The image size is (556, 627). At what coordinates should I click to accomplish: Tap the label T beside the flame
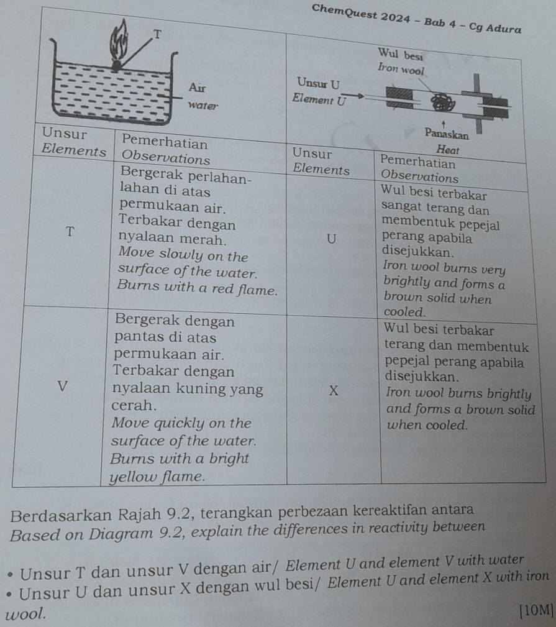coord(158,34)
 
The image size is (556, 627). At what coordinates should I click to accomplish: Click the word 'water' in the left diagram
coord(203,105)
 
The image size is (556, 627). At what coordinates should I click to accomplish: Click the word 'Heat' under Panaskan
coord(447,150)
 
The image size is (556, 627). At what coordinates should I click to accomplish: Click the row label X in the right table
coord(334,390)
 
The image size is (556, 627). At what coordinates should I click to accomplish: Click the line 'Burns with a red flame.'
coord(198,290)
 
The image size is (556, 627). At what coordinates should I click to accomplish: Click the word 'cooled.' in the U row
coord(405,311)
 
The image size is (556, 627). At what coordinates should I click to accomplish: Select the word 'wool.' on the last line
coord(25,614)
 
